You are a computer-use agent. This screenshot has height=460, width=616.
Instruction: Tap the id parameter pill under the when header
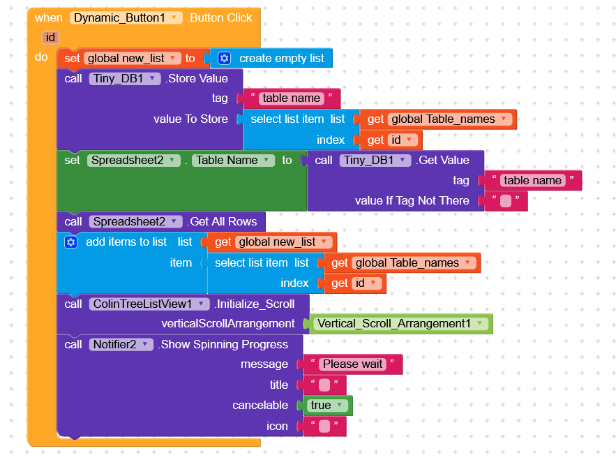tap(50, 37)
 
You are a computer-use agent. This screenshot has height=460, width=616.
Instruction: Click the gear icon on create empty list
tap(224, 59)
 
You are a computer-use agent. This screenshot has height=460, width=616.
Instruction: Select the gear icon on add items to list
tap(70, 242)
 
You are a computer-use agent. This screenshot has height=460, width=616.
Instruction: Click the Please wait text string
tap(352, 364)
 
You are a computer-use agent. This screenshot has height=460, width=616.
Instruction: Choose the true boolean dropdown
tap(328, 406)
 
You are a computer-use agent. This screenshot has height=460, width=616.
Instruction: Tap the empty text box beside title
tap(324, 385)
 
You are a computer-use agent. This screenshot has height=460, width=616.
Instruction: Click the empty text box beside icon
tap(324, 426)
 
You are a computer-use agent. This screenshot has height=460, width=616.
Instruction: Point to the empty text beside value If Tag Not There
tap(505, 201)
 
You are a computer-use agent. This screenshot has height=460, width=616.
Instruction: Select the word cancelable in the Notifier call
tap(260, 406)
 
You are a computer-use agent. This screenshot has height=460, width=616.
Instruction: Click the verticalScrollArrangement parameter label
tap(228, 324)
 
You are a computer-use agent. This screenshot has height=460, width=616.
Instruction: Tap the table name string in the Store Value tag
tap(291, 98)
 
